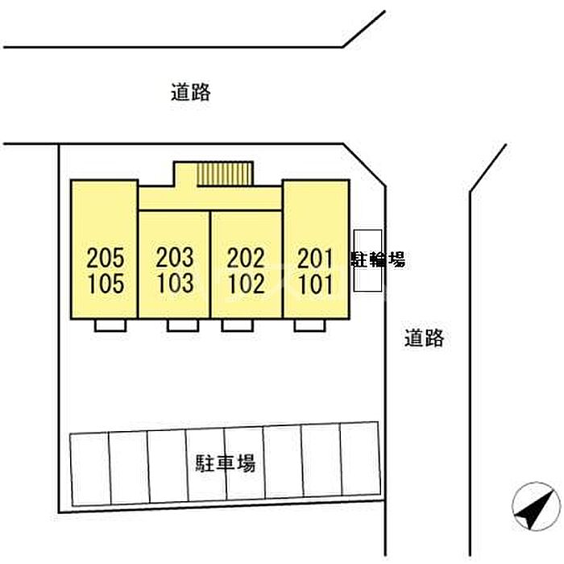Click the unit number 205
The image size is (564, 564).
106,258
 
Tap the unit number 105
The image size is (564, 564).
106,284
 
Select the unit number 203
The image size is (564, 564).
175,258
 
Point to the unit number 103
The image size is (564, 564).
175,284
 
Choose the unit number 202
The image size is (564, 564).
246,258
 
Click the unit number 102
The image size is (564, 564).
246,284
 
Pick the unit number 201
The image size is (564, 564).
315,258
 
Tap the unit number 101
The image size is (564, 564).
315,284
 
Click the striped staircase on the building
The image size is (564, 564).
227,174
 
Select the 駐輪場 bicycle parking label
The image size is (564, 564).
377,259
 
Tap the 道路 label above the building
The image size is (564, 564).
191,92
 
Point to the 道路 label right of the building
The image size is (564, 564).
425,338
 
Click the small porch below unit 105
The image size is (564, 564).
110,326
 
